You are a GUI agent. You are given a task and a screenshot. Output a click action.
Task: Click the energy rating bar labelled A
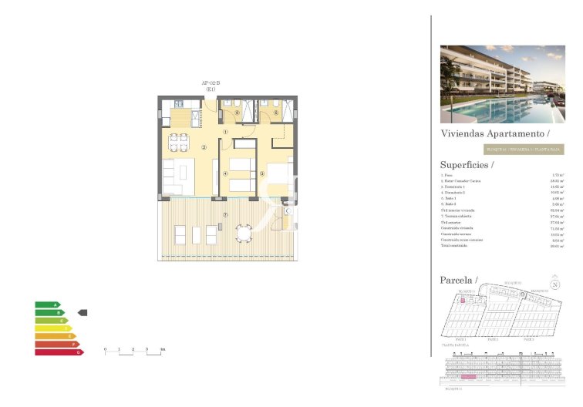(47, 304)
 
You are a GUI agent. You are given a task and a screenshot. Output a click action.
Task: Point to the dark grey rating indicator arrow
(83, 313)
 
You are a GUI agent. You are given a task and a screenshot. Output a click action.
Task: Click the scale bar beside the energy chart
(134, 351)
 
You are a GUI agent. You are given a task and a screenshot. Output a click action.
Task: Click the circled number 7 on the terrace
(224, 214)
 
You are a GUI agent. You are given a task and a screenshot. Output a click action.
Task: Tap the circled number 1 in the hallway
(225, 131)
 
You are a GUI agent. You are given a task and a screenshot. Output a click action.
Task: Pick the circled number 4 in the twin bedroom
(225, 173)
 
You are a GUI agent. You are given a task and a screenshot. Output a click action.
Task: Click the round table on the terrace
(244, 232)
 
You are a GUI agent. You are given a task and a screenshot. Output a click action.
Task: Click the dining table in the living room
(179, 141)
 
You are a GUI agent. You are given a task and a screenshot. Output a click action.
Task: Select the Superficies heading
(467, 164)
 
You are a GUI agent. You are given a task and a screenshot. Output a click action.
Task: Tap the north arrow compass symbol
(554, 283)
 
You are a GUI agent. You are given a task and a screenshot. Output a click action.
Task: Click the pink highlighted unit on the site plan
(463, 301)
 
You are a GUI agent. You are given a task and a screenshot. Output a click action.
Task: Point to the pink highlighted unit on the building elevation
(469, 378)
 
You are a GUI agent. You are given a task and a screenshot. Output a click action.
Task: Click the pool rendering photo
(502, 84)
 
